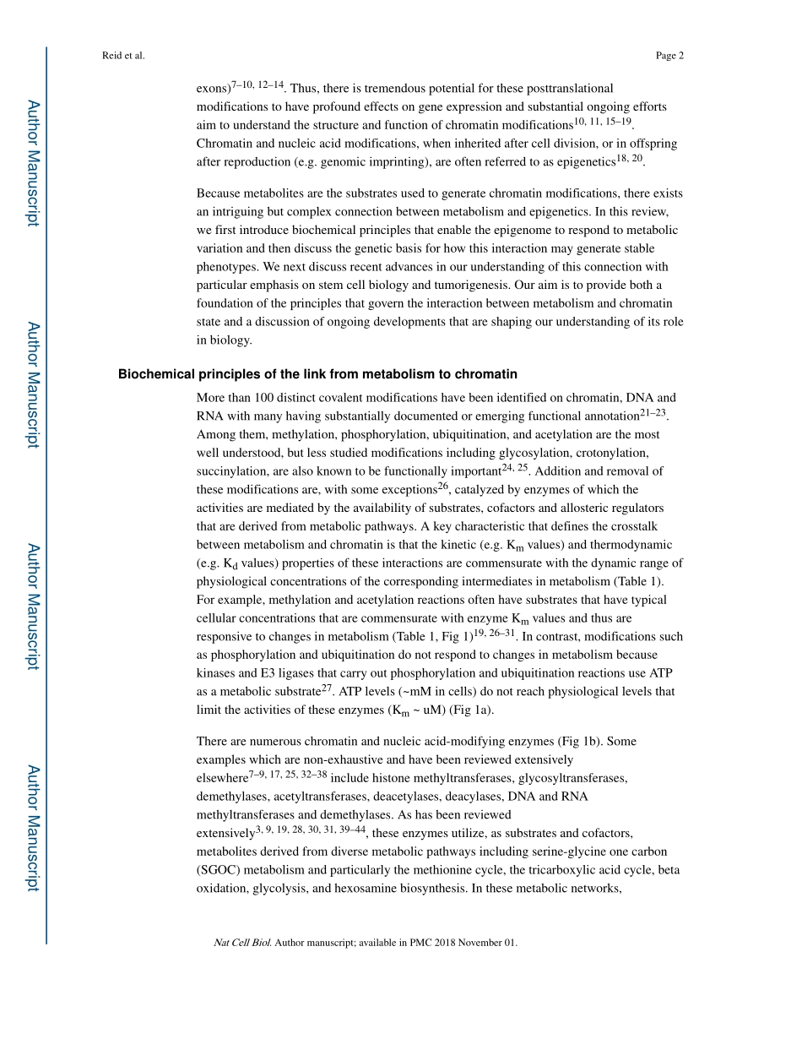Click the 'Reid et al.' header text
point(123,56)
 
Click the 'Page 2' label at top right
point(669,56)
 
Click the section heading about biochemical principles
point(317,374)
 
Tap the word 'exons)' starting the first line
point(213,89)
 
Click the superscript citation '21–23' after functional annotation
point(653,411)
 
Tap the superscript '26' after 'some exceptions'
point(443,486)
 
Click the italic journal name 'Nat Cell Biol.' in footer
point(242,943)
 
